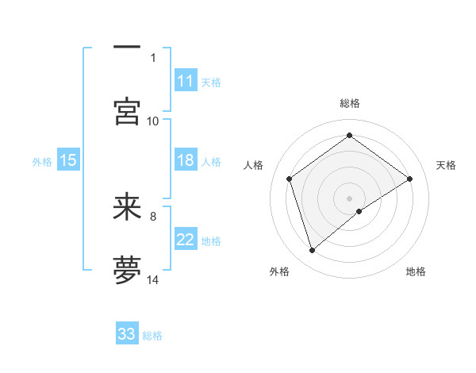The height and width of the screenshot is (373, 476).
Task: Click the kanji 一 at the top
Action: pyautogui.click(x=127, y=47)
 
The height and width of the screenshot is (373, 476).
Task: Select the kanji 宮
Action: pyautogui.click(x=127, y=111)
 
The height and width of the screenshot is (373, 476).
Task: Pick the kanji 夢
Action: pyautogui.click(x=127, y=270)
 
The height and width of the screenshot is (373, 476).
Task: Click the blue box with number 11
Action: pyautogui.click(x=186, y=81)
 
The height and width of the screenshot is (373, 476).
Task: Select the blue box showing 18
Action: pyautogui.click(x=186, y=160)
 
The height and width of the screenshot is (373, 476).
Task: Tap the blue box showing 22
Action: pyautogui.click(x=186, y=240)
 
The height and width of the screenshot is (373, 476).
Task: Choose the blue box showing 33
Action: pyautogui.click(x=127, y=334)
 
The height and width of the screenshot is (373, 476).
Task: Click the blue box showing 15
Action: pyautogui.click(x=68, y=160)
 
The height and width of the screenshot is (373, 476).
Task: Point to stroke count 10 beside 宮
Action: pyautogui.click(x=153, y=121)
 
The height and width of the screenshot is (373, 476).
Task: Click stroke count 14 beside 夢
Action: pyautogui.click(x=153, y=279)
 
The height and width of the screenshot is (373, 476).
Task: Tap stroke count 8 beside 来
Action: pyautogui.click(x=153, y=215)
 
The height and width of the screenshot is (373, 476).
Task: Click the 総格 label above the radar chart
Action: pyautogui.click(x=350, y=103)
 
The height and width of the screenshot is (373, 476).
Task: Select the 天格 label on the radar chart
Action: pyautogui.click(x=447, y=165)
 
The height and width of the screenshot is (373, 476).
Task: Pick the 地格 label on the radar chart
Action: pyautogui.click(x=416, y=271)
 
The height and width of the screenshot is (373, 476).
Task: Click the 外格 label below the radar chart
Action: pyautogui.click(x=279, y=271)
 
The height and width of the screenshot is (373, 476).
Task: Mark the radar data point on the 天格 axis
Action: pyautogui.click(x=409, y=179)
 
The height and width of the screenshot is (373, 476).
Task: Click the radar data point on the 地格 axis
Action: pyautogui.click(x=359, y=211)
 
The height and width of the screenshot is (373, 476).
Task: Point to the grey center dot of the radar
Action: pyautogui.click(x=349, y=198)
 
